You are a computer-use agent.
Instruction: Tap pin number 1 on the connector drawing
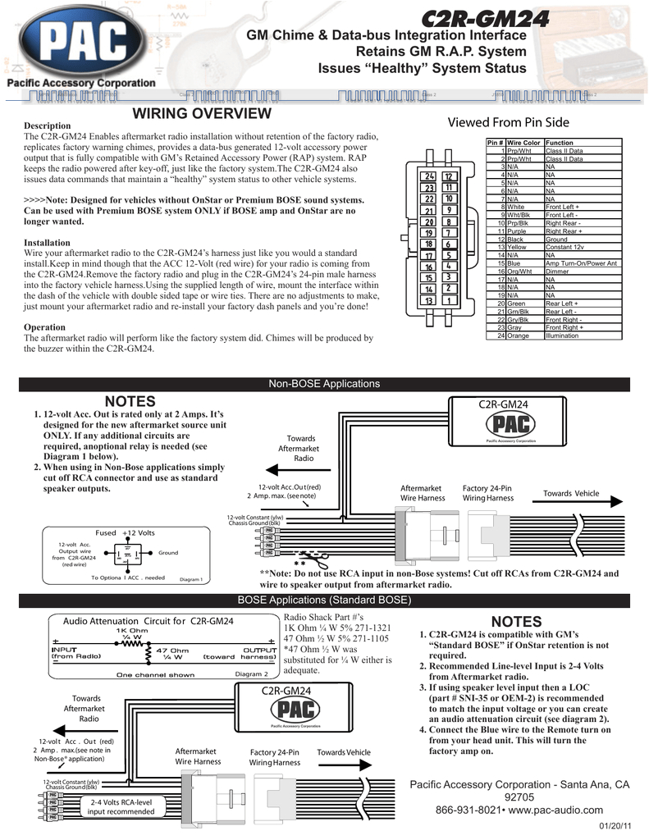pyautogui.click(x=449, y=300)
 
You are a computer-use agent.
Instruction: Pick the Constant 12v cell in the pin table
pyautogui.click(x=564, y=247)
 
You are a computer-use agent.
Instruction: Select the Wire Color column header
pyautogui.click(x=523, y=143)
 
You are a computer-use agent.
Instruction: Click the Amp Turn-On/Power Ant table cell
pyautogui.click(x=581, y=263)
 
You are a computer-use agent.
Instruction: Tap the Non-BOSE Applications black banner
pyautogui.click(x=324, y=384)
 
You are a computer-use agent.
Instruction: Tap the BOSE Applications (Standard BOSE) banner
pyautogui.click(x=324, y=600)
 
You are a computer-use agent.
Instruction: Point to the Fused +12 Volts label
pyautogui.click(x=125, y=532)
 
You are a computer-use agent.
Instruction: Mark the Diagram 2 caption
pyautogui.click(x=252, y=673)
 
